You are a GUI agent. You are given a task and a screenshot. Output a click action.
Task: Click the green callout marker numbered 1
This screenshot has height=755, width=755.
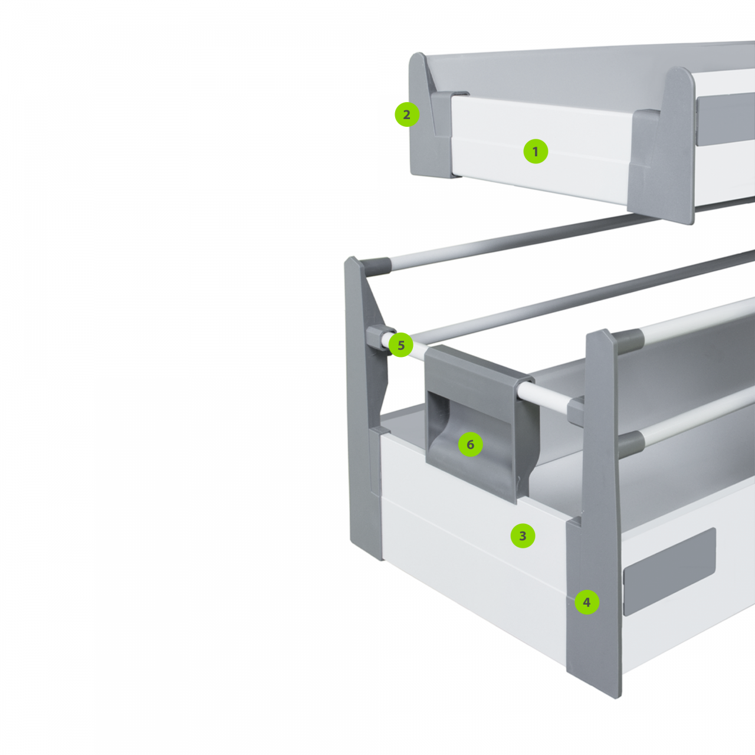point(536,151)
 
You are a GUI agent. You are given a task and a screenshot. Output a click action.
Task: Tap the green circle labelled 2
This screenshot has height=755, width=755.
point(407,114)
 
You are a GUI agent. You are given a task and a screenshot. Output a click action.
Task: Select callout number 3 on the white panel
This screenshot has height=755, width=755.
point(523,536)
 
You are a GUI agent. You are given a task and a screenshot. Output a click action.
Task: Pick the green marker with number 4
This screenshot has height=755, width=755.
point(587,602)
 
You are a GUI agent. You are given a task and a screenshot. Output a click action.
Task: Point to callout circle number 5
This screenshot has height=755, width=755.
point(401,345)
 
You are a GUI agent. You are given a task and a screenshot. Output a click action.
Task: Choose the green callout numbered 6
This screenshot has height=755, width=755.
point(470,444)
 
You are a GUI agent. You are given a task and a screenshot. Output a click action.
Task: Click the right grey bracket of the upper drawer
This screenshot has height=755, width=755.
point(662,145)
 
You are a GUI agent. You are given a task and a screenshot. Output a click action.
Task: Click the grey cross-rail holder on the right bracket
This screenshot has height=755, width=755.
point(576,411)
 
